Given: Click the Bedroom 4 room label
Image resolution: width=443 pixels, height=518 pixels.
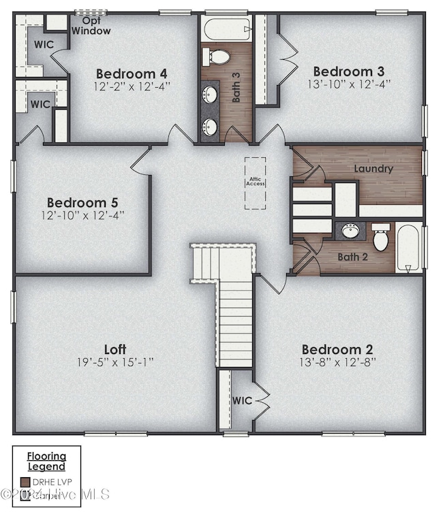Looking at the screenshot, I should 132,74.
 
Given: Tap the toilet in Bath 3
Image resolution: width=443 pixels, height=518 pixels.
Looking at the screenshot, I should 219,56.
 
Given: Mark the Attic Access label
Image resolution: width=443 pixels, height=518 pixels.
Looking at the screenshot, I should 256,182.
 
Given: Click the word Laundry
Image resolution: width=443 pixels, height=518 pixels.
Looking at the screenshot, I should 373,168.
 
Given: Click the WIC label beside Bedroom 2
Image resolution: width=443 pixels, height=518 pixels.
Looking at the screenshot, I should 241,400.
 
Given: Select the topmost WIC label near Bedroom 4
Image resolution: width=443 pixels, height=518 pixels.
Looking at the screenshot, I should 25,44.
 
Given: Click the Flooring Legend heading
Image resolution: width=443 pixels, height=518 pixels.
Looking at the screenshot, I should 46,461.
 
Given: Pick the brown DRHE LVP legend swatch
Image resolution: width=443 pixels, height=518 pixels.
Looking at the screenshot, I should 25,482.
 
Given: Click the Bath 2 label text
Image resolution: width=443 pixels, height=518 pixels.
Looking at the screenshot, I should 352,257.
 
